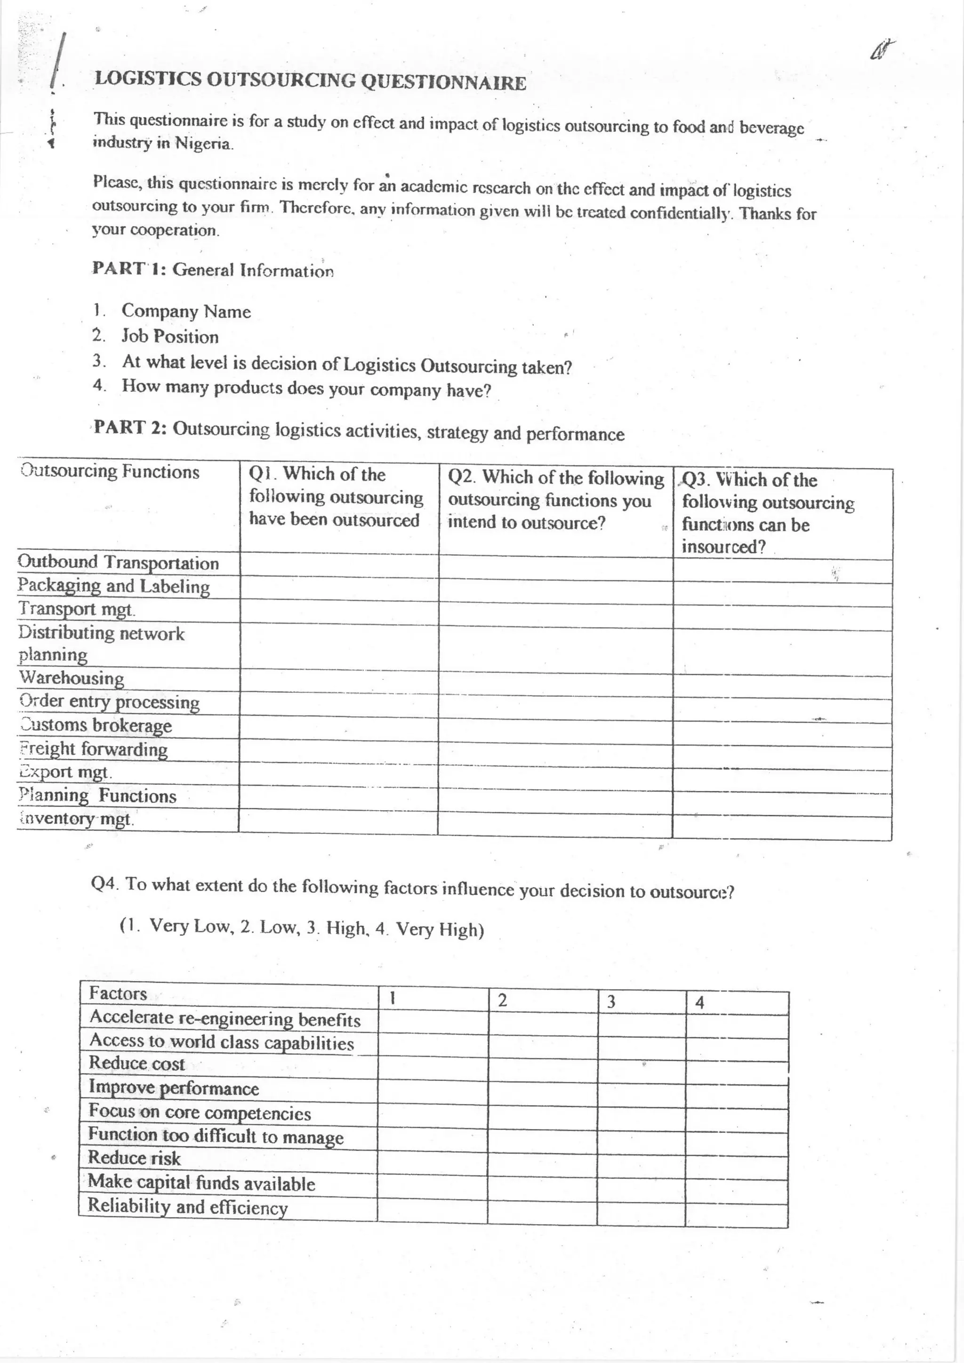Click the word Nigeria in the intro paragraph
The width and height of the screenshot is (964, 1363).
pyautogui.click(x=202, y=144)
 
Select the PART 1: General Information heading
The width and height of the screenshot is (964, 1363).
pyautogui.click(x=212, y=269)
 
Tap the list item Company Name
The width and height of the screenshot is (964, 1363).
pyautogui.click(x=186, y=311)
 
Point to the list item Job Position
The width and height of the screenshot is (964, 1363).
pyautogui.click(x=170, y=337)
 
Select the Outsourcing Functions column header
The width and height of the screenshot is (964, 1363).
pyautogui.click(x=111, y=471)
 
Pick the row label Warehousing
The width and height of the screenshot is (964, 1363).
pyautogui.click(x=71, y=678)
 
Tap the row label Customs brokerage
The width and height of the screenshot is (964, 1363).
pyautogui.click(x=96, y=726)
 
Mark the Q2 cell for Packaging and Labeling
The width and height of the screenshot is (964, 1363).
pyautogui.click(x=555, y=591)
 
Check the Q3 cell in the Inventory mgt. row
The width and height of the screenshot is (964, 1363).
pyautogui.click(x=782, y=828)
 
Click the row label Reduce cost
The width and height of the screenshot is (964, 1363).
pyautogui.click(x=137, y=1063)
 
